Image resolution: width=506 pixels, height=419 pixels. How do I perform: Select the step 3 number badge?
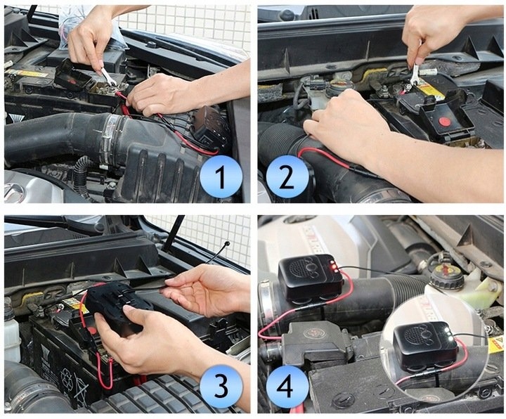point(221,386)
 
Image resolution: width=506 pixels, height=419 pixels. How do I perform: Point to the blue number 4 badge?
point(287,386)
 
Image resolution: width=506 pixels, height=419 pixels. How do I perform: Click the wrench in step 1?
point(108,77)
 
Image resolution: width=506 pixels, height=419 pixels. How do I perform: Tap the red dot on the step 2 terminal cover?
point(445,122)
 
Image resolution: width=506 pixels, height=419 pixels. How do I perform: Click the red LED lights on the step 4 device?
point(333,267)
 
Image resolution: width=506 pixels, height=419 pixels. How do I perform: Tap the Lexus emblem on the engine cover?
point(13,193)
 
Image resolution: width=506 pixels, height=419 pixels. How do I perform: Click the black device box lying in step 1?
point(210,125)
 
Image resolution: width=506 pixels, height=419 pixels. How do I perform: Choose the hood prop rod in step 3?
point(173,233)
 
